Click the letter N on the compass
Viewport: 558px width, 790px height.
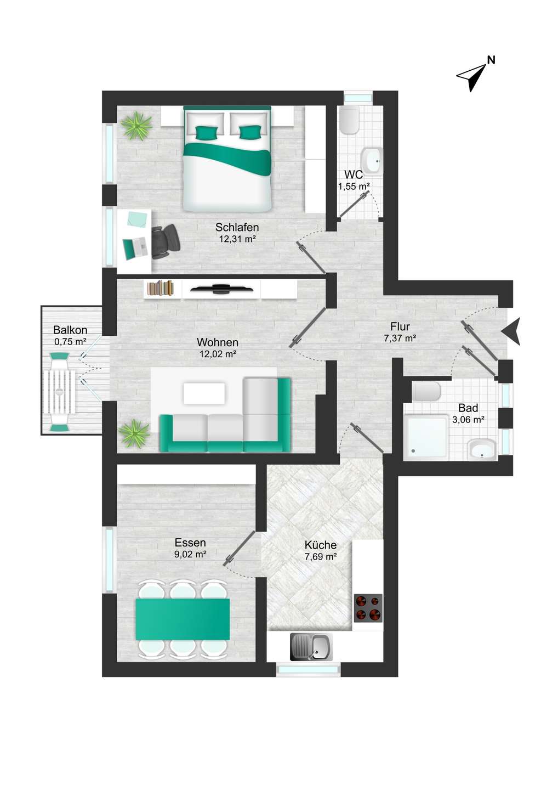pos(491,60)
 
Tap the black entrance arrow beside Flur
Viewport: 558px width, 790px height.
pos(512,331)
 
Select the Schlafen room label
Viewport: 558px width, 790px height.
pos(237,227)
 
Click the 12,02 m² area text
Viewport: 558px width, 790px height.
pos(218,354)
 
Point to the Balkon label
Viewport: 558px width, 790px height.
pos(70,330)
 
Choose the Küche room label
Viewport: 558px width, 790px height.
pos(321,545)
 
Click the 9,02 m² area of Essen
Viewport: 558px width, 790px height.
pos(190,554)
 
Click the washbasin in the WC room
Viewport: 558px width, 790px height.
pos(373,161)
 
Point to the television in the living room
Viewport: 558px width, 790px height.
pos(221,289)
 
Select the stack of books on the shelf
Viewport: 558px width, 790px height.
pos(161,288)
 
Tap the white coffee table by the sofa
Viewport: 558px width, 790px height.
pos(204,393)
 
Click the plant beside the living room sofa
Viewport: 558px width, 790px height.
pos(134,434)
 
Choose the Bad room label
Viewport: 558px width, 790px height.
pos(468,408)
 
